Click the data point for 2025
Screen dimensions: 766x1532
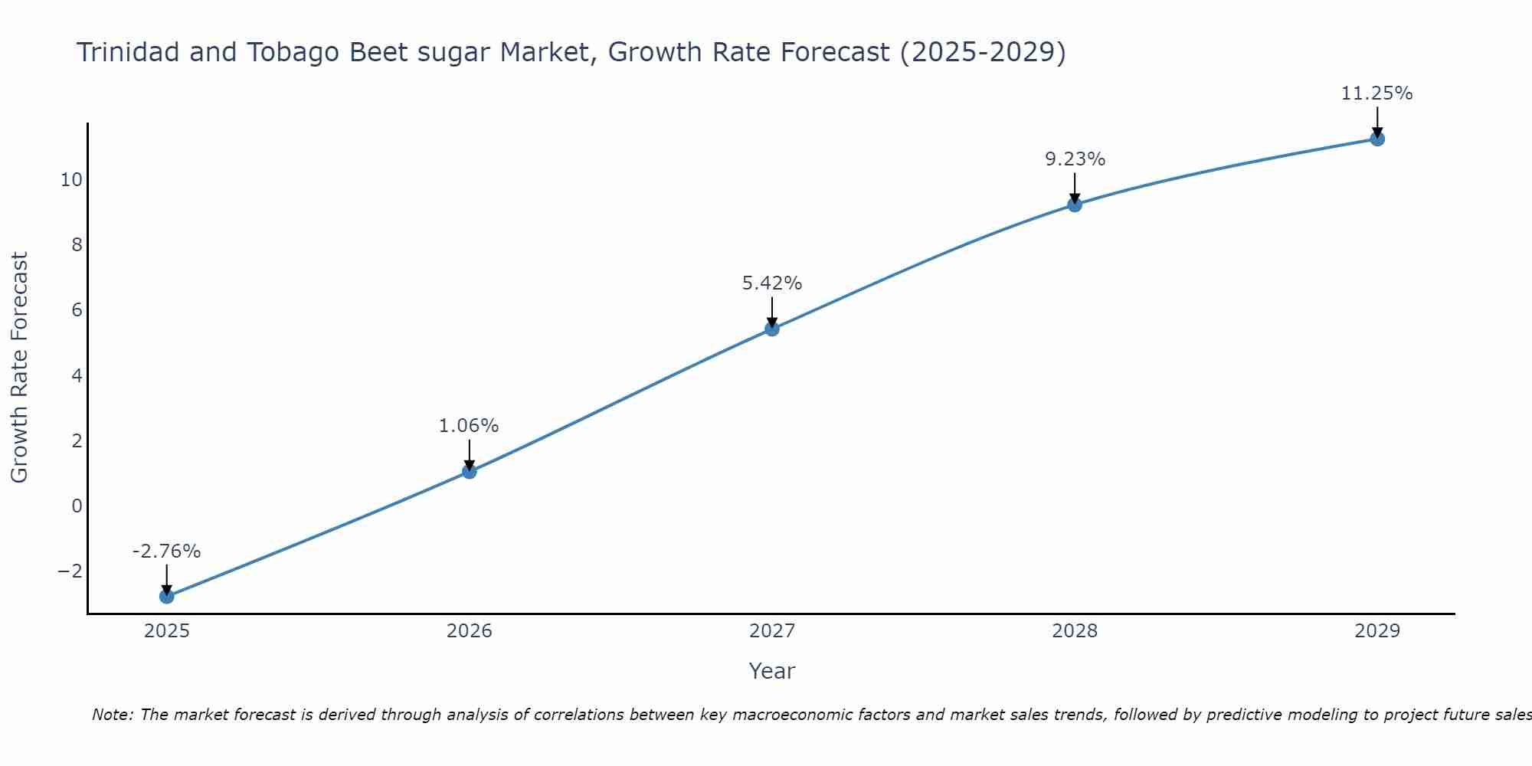point(167,596)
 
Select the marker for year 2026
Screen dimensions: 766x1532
point(470,472)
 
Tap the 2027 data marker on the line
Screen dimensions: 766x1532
point(772,329)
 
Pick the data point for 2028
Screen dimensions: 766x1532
point(1075,205)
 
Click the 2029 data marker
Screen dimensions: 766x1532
point(1377,139)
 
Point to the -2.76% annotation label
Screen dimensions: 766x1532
point(166,552)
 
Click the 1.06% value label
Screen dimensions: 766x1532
point(469,426)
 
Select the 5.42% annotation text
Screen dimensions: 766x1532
point(772,283)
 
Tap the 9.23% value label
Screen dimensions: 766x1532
point(1075,159)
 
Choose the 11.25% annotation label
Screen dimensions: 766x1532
point(1377,93)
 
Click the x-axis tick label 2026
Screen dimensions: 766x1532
point(470,631)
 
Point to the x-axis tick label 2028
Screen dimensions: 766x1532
point(1075,631)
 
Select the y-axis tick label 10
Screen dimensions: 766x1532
point(71,180)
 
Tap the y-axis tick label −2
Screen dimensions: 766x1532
point(70,571)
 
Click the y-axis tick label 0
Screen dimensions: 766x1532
point(77,506)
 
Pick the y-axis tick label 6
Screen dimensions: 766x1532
point(77,310)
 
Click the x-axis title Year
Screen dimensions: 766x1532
point(772,671)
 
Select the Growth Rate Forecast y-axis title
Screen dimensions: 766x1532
point(19,368)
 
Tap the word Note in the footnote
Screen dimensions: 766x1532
point(112,715)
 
